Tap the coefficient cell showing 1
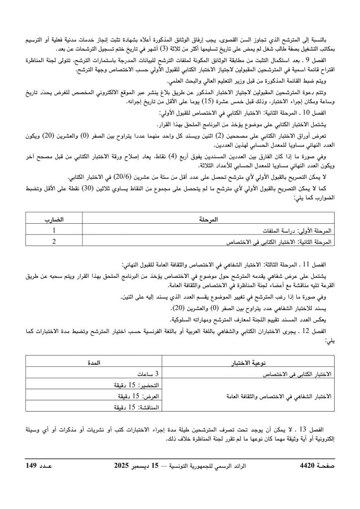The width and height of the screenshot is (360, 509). [54, 231]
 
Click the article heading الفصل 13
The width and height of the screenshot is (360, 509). [322, 428]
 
